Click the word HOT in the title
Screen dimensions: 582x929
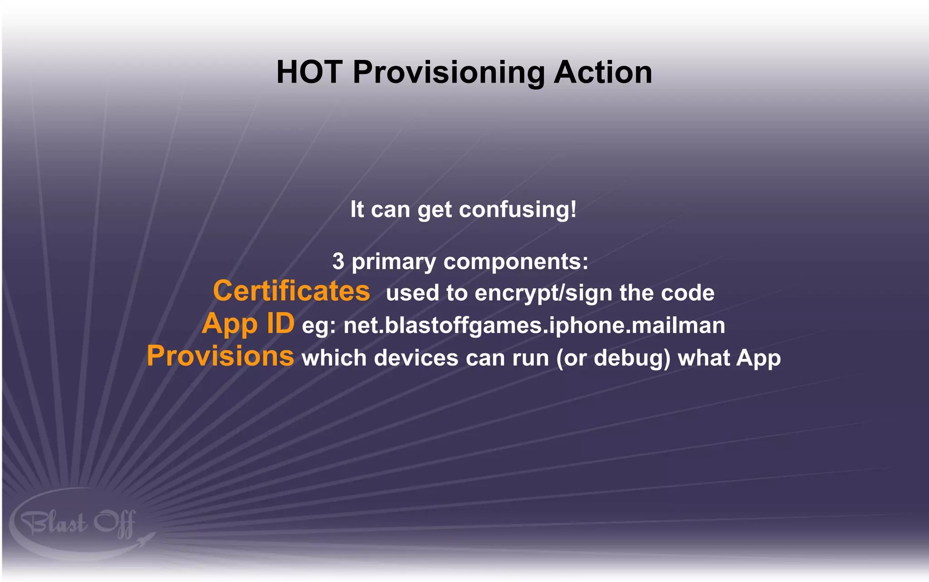point(309,73)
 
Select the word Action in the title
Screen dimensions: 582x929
point(603,73)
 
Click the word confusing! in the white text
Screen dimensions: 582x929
point(518,210)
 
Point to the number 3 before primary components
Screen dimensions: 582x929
point(338,262)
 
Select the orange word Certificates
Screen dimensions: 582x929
point(291,291)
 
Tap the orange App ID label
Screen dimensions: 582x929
point(248,324)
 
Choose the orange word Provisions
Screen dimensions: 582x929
point(220,356)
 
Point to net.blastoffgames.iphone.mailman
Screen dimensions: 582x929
point(534,326)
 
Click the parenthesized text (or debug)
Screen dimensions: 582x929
point(613,358)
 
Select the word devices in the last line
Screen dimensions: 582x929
point(416,358)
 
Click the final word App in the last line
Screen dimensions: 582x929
point(758,359)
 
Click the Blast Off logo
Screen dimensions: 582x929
point(77,524)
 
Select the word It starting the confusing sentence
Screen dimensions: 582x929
point(357,210)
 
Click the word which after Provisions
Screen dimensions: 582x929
point(334,358)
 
